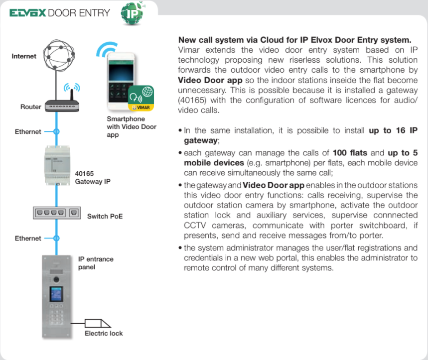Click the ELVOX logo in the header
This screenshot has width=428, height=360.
(28, 12)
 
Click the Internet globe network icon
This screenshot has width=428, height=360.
(58, 55)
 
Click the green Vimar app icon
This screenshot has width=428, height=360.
(141, 98)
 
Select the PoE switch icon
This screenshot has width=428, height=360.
(56, 213)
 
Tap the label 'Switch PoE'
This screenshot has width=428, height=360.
(105, 216)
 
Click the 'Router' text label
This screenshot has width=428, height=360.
(31, 107)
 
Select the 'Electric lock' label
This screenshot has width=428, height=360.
(104, 333)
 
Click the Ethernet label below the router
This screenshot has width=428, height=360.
(28, 131)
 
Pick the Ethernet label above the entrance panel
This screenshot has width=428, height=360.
(28, 238)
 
